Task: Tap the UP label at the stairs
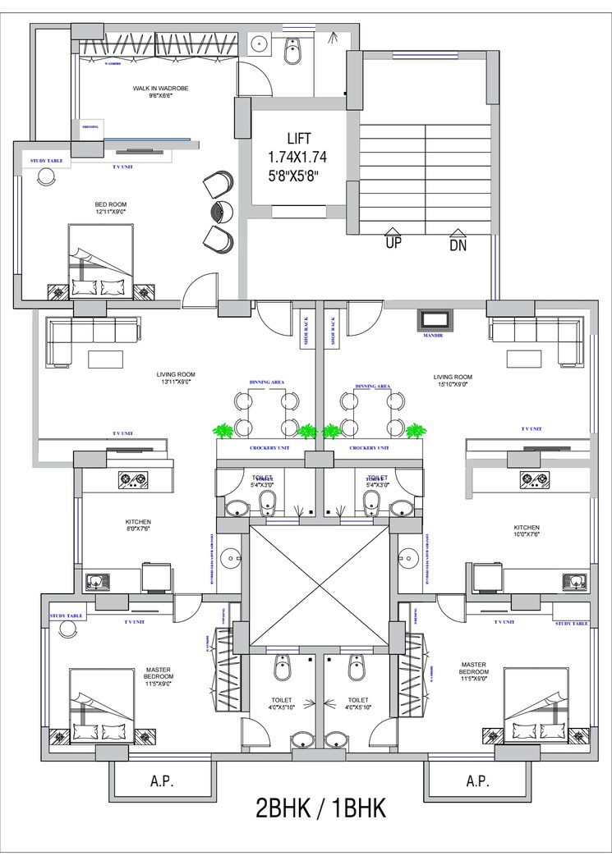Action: coord(393,243)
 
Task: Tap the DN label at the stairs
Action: coord(458,244)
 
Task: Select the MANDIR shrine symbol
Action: coord(432,319)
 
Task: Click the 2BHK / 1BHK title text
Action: coord(320,808)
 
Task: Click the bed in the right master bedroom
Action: coord(535,706)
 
